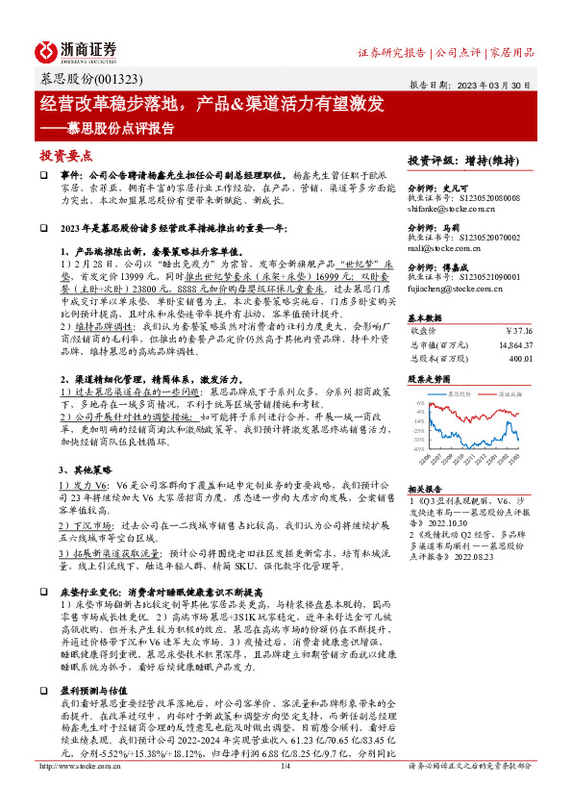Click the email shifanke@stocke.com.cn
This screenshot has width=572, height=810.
(450, 206)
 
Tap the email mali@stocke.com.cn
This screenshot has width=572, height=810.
(438, 247)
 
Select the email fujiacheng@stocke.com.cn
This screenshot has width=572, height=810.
(454, 288)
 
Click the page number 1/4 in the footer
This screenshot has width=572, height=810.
(286, 793)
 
